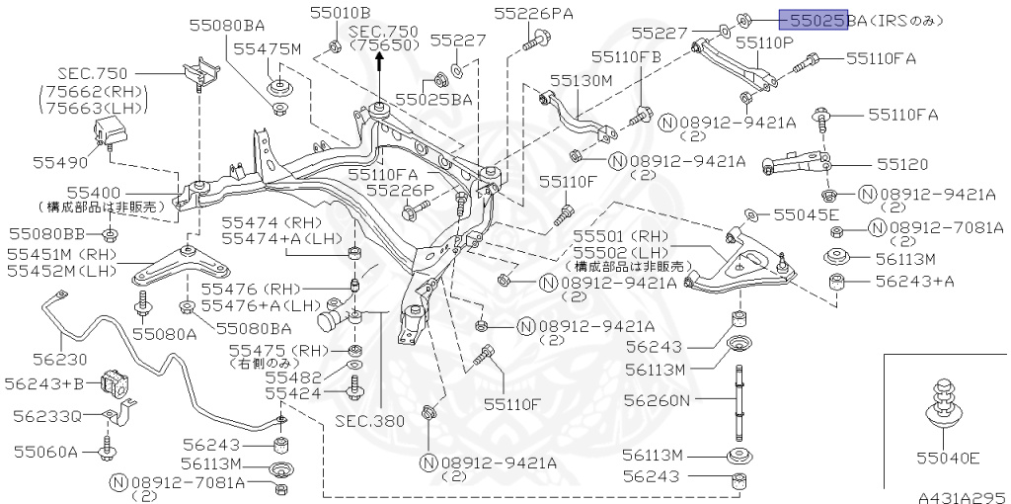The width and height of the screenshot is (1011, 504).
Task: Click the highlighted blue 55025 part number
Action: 812,19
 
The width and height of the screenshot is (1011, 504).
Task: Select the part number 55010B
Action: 340,13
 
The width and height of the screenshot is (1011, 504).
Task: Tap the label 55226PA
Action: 533,13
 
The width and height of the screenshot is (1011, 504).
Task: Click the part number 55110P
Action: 764,42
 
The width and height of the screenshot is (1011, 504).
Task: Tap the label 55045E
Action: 806,213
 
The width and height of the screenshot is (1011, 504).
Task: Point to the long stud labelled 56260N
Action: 738,402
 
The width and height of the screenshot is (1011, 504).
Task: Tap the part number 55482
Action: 293,377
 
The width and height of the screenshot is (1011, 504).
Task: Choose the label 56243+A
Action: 915,282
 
